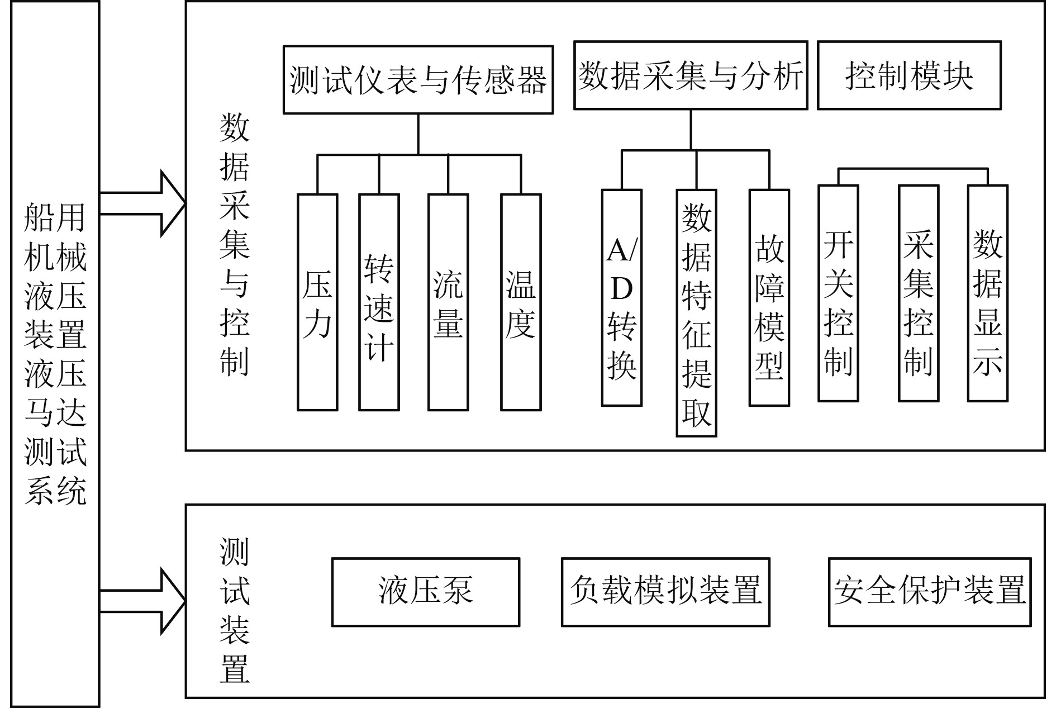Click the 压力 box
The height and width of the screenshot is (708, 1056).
(317, 302)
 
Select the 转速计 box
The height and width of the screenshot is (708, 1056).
(379, 302)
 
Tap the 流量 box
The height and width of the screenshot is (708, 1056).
(448, 302)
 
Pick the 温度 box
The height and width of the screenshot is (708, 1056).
(521, 302)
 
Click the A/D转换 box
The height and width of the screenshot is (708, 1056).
(621, 298)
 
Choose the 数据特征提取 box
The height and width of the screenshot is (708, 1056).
(696, 313)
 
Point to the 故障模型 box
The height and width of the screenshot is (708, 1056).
(769, 298)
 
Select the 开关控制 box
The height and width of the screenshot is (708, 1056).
(838, 293)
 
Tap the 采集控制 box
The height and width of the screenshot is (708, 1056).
(919, 293)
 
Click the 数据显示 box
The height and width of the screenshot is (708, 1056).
(988, 293)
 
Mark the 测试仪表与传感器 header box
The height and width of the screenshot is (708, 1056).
(418, 80)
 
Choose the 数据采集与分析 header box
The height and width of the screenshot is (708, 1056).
(691, 75)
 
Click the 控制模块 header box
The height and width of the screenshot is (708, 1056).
(909, 75)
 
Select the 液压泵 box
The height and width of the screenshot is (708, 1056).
(426, 592)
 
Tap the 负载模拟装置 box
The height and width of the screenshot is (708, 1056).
(665, 592)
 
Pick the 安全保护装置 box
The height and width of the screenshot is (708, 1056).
(930, 592)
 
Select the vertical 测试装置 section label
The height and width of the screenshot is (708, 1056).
(234, 610)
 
